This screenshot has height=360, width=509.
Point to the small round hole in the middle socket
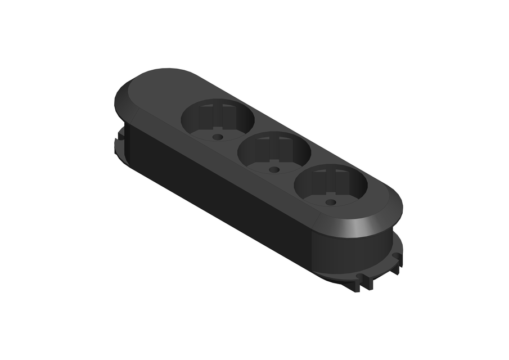(x=274, y=169)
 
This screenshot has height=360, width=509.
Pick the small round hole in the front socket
(x=331, y=201)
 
